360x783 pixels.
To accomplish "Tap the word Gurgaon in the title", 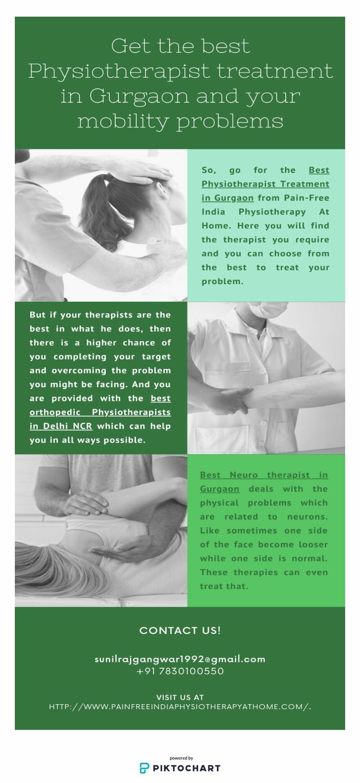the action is coord(139,96).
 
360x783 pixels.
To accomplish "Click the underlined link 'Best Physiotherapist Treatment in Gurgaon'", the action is coord(265,184).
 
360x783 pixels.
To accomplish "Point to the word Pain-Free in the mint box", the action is coord(307,198).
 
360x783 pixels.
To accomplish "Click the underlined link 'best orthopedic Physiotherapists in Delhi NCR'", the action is coord(100,412).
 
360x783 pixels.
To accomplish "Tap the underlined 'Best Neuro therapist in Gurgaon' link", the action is coord(264,482).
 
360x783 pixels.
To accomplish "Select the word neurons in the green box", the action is coord(307,516).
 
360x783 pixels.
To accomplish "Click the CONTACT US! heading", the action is coord(180,630).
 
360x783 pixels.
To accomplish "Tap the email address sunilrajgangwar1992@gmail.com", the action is coord(180,659).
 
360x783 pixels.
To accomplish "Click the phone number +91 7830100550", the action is coord(180,671).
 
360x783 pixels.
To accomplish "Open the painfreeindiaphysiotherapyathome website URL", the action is coord(180,707).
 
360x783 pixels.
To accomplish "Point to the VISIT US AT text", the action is coord(180,697).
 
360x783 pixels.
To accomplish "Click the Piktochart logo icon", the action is coord(144,768).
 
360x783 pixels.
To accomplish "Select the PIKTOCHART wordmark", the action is coord(187,768).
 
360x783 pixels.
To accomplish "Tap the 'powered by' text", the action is coord(181,758).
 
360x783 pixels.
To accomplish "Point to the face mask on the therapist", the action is coord(269,309).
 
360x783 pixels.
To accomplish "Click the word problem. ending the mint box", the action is coord(222,281).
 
